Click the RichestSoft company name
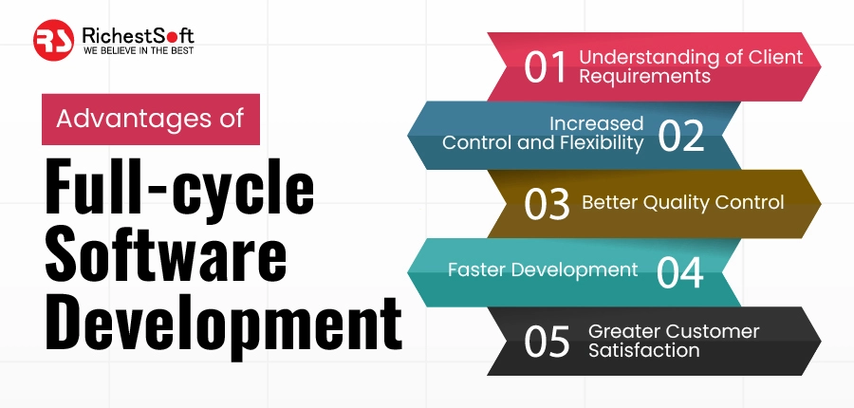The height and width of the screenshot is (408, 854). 128,33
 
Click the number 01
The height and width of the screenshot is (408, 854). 546,68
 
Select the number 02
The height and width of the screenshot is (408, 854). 680,137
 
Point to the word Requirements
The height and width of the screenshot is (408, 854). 645,76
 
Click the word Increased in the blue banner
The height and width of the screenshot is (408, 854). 596,124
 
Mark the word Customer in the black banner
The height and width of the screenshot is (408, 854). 714,331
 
